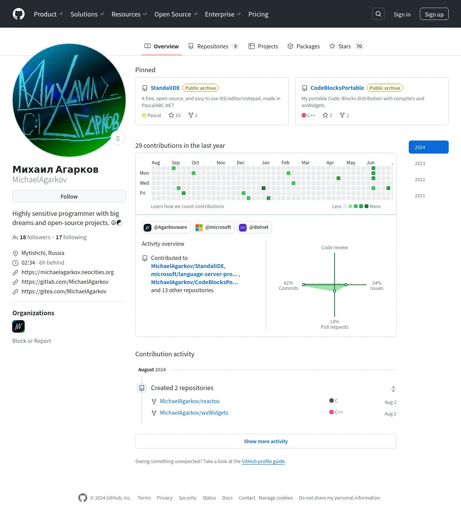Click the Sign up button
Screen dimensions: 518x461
pos(434,14)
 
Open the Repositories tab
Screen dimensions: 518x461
pos(213,46)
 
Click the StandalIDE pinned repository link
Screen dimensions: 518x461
pos(165,88)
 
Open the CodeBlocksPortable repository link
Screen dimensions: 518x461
pos(337,88)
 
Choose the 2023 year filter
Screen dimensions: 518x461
pos(420,164)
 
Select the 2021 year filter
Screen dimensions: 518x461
pos(420,196)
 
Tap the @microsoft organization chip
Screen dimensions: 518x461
pos(214,227)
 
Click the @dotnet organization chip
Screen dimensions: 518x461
pos(254,227)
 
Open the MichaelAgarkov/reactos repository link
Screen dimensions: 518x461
pos(190,401)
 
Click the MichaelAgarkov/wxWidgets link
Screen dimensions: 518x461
pos(194,413)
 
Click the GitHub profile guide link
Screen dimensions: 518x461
pos(263,462)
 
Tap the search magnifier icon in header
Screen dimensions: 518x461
pos(378,14)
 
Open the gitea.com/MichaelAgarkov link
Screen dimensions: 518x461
pos(64,291)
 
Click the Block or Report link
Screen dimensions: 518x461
pos(32,341)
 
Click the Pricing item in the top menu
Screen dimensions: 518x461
pos(258,14)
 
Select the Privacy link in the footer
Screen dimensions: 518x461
pos(164,498)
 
